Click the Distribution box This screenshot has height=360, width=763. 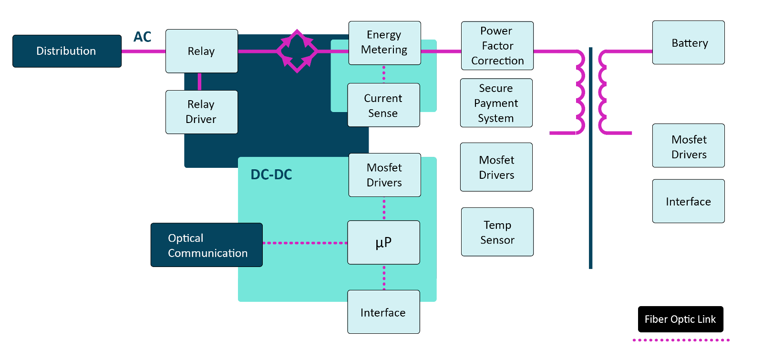pyautogui.click(x=67, y=51)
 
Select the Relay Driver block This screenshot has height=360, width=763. pyautogui.click(x=201, y=112)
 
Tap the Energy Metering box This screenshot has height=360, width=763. pyautogui.click(x=384, y=43)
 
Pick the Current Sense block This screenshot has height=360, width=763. pyautogui.click(x=383, y=105)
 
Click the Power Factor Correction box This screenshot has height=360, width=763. pyautogui.click(x=497, y=46)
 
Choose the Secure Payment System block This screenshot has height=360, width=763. pyautogui.click(x=496, y=103)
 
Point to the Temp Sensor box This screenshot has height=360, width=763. pyautogui.click(x=497, y=232)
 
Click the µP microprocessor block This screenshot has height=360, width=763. pyautogui.click(x=383, y=243)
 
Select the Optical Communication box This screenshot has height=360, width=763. pyautogui.click(x=206, y=245)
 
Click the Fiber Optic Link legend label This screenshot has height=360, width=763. pyautogui.click(x=680, y=319)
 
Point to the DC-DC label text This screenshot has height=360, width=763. pyautogui.click(x=271, y=175)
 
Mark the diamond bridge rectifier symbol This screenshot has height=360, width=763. pyautogui.click(x=297, y=51)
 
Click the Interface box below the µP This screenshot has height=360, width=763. pyautogui.click(x=383, y=312)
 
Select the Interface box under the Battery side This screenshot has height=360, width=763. pyautogui.click(x=688, y=201)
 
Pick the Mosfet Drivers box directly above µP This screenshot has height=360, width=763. pyautogui.click(x=384, y=175)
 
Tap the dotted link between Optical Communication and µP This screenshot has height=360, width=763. pyautogui.click(x=305, y=243)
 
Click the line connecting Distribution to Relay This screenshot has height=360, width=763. pyautogui.click(x=144, y=51)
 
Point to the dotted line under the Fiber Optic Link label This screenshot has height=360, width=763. pyautogui.click(x=681, y=340)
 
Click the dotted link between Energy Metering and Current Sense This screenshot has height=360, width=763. pyautogui.click(x=384, y=74)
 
